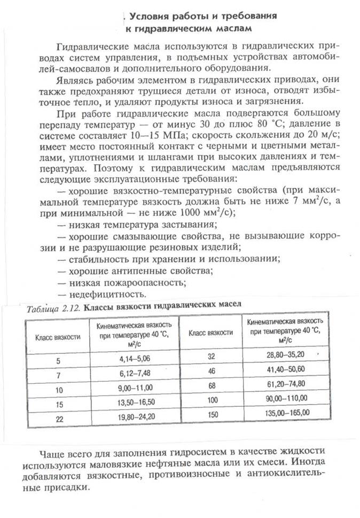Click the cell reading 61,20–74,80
point(287,384)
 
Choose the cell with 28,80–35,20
point(287,355)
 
